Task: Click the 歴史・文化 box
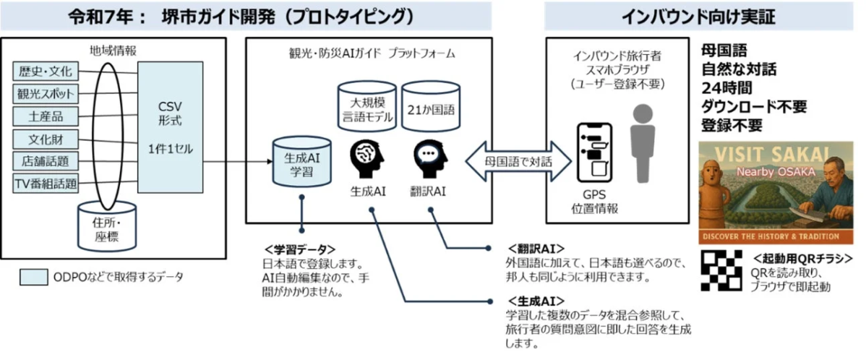[x=46, y=72]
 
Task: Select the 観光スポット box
[x=46, y=94]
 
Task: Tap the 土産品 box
[x=46, y=116]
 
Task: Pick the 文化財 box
[x=46, y=138]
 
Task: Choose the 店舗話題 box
[x=46, y=160]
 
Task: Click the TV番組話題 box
[x=46, y=183]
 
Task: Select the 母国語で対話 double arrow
[x=507, y=161]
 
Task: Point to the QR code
[x=723, y=270]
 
